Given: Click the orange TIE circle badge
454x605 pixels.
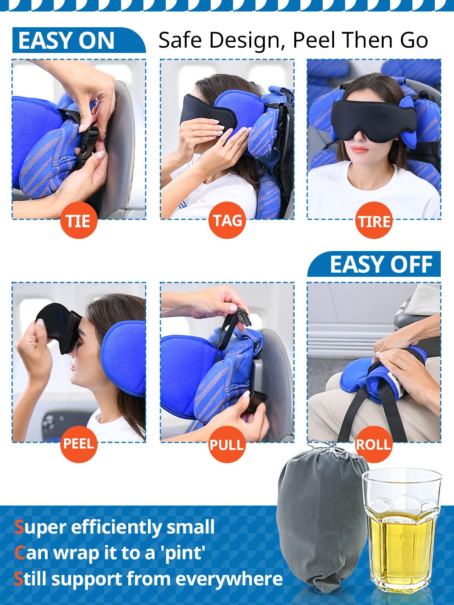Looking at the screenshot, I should point(79,220).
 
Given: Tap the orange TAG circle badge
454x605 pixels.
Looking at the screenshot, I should point(227,220).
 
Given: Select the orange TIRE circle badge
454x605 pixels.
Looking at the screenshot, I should point(374,220).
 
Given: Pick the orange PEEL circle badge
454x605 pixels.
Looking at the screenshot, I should point(79,444).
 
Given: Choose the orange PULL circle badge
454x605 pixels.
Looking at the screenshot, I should point(227,445).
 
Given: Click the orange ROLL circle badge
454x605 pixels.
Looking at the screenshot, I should point(374,444).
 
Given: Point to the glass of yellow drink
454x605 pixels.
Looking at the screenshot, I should point(402,533).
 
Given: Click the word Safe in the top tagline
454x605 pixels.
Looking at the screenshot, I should point(182,40).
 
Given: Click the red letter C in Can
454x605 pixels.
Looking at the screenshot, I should point(20,553).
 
